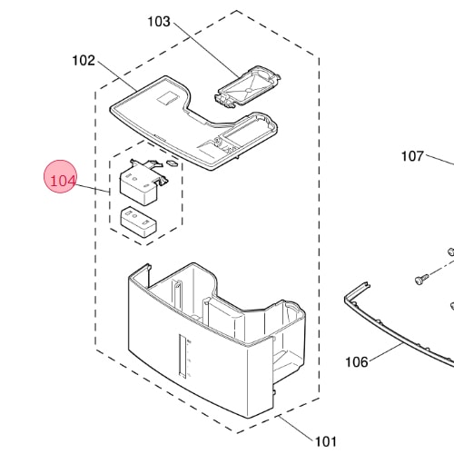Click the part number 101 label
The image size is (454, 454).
(326, 441)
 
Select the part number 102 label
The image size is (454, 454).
(84, 61)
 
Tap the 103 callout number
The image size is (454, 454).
(159, 22)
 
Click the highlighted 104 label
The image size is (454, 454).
(63, 181)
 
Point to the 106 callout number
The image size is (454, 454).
(357, 361)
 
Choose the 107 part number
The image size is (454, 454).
(412, 156)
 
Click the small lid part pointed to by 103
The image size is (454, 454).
(248, 85)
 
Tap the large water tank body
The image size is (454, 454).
(216, 339)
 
